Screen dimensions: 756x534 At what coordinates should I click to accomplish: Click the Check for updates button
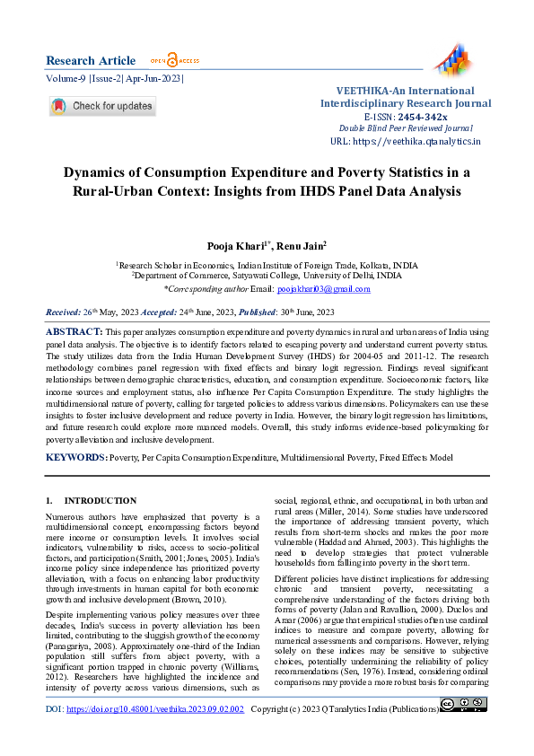(x=102, y=106)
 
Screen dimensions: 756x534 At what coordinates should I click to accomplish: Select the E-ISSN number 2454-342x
(x=424, y=117)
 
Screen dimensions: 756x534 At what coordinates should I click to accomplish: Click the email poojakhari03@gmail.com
(x=323, y=289)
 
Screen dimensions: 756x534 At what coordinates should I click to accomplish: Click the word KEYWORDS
(x=75, y=458)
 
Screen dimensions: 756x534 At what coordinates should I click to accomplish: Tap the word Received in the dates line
(x=65, y=312)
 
